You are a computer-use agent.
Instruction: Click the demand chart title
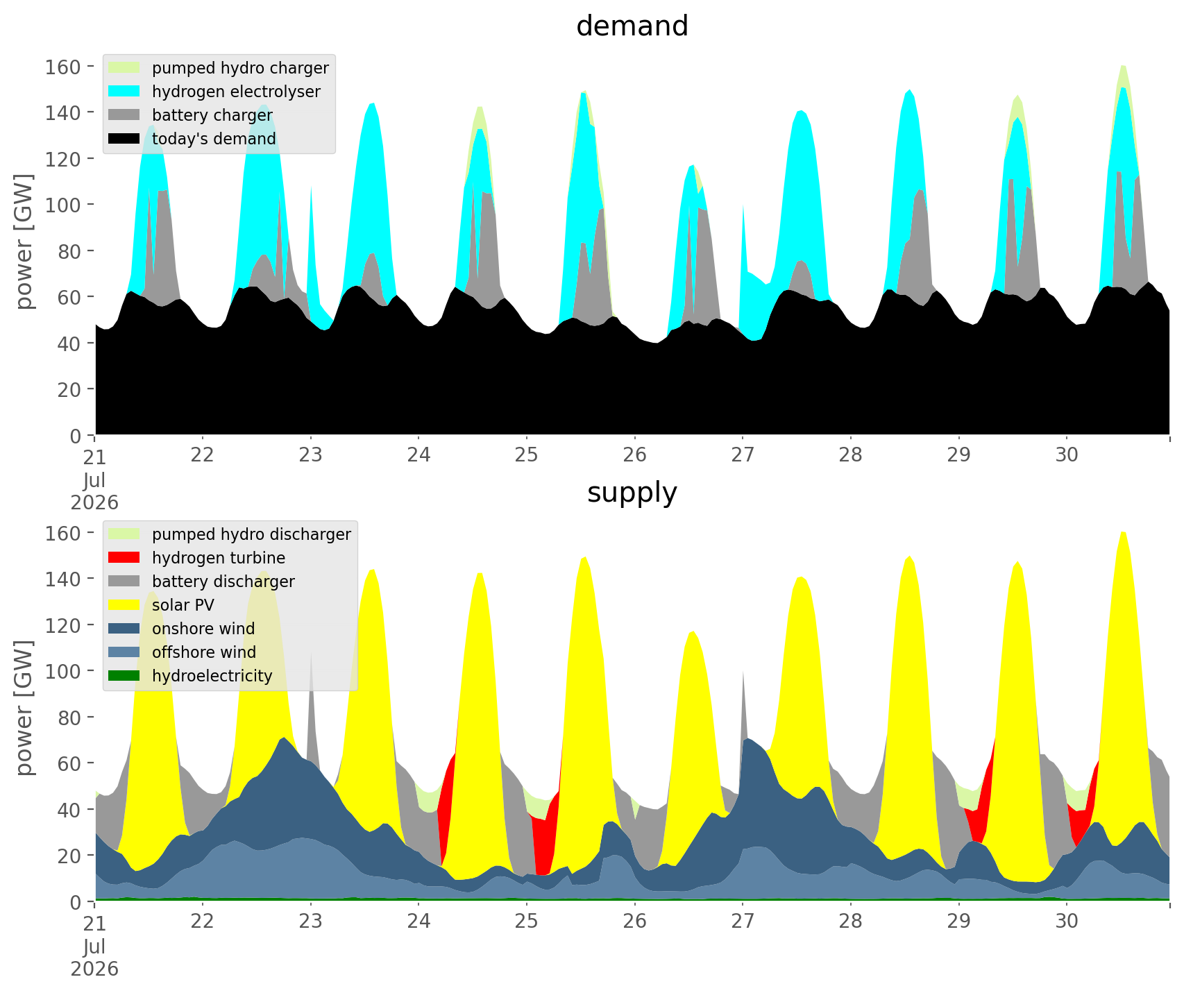632,26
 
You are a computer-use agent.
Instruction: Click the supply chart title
632,493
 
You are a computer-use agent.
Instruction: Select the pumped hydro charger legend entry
219,68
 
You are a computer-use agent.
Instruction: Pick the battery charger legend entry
190,115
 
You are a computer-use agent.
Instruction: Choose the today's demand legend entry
192,139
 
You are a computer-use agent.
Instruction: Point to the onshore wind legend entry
182,629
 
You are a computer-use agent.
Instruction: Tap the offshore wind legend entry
183,652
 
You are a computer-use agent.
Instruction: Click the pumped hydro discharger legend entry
230,534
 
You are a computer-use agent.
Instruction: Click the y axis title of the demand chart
25,242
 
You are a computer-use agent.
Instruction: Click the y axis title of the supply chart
25,708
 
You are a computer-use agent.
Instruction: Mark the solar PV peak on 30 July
1123,533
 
